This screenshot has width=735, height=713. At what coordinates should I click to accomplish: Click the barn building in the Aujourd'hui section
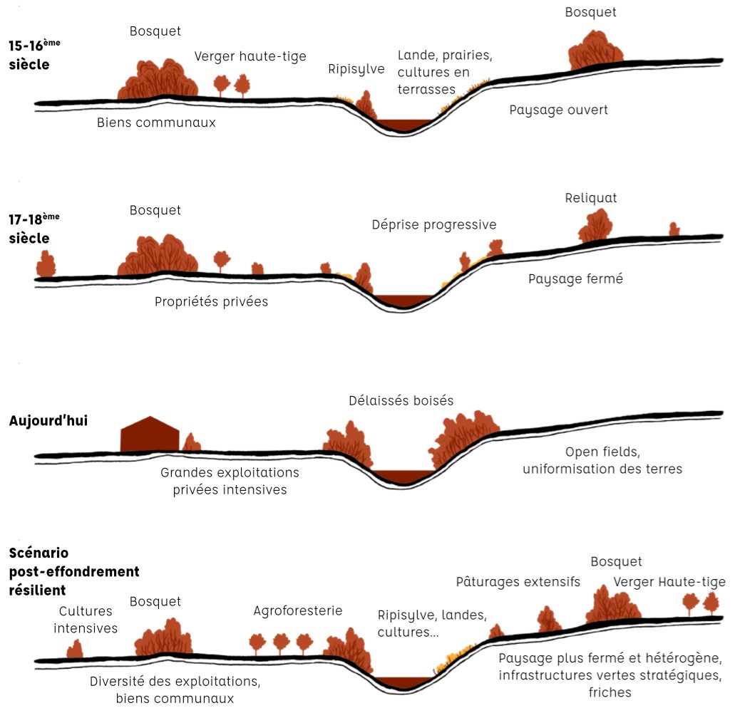pos(150,434)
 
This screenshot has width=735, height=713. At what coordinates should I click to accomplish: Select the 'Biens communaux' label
pos(156,123)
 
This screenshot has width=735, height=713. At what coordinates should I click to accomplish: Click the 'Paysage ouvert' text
pos(558,110)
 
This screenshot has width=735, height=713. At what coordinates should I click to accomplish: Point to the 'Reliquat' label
pos(591,197)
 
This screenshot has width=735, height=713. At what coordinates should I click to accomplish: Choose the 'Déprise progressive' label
pos(433,224)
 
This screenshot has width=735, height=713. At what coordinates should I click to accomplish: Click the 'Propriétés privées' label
pos(211,301)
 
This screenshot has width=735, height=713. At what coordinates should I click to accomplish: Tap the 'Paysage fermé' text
pos(575,279)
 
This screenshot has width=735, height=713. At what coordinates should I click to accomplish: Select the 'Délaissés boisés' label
pos(401,400)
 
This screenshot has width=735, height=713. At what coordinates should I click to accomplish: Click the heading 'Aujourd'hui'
pos(48,420)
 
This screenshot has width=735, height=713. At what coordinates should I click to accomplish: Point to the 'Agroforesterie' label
pos(298,610)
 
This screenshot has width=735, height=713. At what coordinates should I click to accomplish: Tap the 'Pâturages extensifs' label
pos(518,582)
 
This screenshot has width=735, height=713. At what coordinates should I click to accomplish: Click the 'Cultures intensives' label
pos(86,620)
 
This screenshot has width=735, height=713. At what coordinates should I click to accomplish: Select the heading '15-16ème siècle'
pos(34,54)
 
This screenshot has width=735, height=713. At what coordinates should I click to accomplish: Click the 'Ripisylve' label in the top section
pos(356,69)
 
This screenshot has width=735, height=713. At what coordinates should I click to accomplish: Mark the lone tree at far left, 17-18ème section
pos(46,264)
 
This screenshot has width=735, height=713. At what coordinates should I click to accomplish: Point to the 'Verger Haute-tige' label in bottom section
pos(669,582)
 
